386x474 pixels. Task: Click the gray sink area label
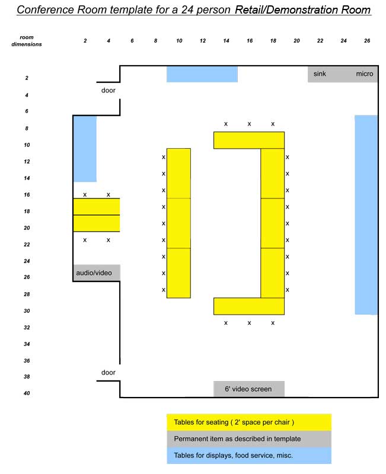tap(320, 74)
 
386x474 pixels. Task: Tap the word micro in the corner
tap(364, 74)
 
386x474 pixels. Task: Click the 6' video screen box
tap(248, 389)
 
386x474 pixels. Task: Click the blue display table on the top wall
tap(202, 74)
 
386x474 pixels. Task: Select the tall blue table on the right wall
tap(366, 214)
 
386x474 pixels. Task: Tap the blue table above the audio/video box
tap(85, 149)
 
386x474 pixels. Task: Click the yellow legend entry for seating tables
tap(248, 422)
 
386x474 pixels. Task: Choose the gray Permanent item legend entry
tap(248, 439)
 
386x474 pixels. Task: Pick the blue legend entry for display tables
tap(248, 456)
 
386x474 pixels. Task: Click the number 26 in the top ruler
tap(367, 41)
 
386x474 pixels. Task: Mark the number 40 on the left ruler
tap(27, 393)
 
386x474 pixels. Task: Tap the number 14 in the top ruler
tap(226, 41)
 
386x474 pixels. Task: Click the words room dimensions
tap(27, 41)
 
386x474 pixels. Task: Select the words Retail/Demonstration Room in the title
tap(302, 10)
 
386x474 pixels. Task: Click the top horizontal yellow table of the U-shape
tap(248, 140)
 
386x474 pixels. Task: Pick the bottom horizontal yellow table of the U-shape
tap(248, 306)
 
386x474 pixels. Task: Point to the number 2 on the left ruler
tap(27, 78)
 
